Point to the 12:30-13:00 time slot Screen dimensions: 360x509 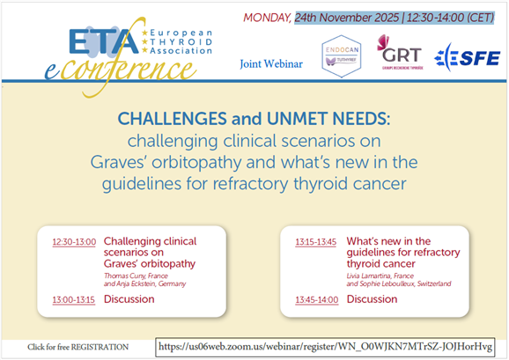[x=74, y=240]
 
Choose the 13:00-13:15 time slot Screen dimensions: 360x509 [x=74, y=298]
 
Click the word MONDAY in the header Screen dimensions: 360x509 [x=268, y=17]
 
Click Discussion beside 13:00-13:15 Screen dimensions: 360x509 [x=129, y=298]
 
